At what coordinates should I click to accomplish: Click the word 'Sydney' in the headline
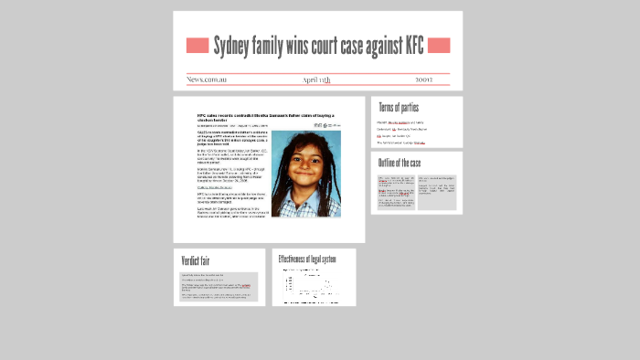coord(235,45)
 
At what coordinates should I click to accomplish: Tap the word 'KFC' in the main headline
coord(410,45)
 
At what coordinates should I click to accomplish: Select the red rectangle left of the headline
coord(197,45)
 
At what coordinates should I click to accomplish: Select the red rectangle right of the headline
coord(439,45)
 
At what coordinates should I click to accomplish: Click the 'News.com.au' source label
coord(207,79)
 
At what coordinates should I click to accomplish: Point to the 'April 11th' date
coord(316,79)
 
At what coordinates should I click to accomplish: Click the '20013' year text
coord(429,79)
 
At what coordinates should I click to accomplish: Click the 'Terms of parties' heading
coord(399,108)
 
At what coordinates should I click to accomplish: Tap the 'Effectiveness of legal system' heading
coord(307,259)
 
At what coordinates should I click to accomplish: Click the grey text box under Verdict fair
coord(219,287)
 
